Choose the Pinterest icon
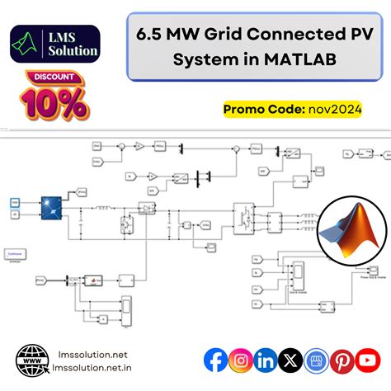click(x=342, y=360)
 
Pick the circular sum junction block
click(x=120, y=146)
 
